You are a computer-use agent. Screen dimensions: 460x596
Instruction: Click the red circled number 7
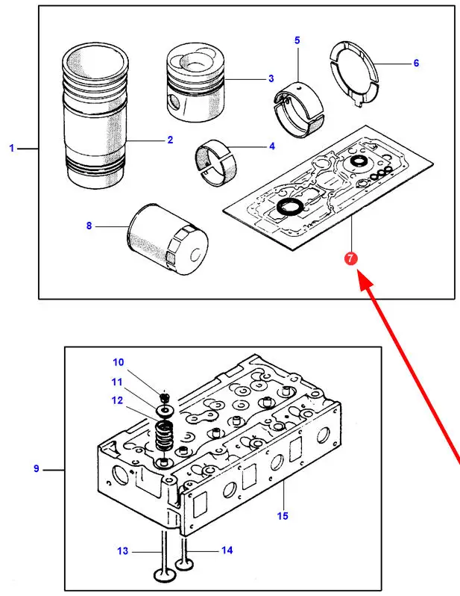tap(350, 258)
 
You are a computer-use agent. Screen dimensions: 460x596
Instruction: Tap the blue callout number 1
tap(12, 148)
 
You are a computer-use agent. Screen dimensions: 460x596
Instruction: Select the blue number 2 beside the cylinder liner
tap(170, 140)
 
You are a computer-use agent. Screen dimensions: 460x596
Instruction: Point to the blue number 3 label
tap(271, 78)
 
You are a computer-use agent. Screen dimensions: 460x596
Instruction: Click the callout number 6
tap(416, 63)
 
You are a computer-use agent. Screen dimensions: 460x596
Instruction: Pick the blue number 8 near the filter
tap(89, 226)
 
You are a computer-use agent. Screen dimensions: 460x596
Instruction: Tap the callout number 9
tap(36, 468)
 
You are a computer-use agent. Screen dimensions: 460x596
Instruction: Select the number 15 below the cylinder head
tap(283, 516)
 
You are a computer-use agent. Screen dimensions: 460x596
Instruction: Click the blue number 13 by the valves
tap(122, 550)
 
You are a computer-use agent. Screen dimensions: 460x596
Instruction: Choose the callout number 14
tap(227, 550)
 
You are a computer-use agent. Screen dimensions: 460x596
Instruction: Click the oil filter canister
tap(168, 240)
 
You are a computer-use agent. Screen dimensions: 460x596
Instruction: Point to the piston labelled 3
tap(196, 82)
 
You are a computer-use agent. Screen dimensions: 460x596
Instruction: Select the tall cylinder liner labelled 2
tap(95, 116)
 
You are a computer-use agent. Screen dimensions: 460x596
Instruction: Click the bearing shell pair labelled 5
tap(299, 109)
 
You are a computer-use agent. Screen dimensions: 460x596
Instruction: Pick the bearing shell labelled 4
tap(215, 163)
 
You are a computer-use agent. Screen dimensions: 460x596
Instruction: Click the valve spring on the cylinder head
tap(164, 435)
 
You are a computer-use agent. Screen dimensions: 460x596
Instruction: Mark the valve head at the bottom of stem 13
tap(164, 574)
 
